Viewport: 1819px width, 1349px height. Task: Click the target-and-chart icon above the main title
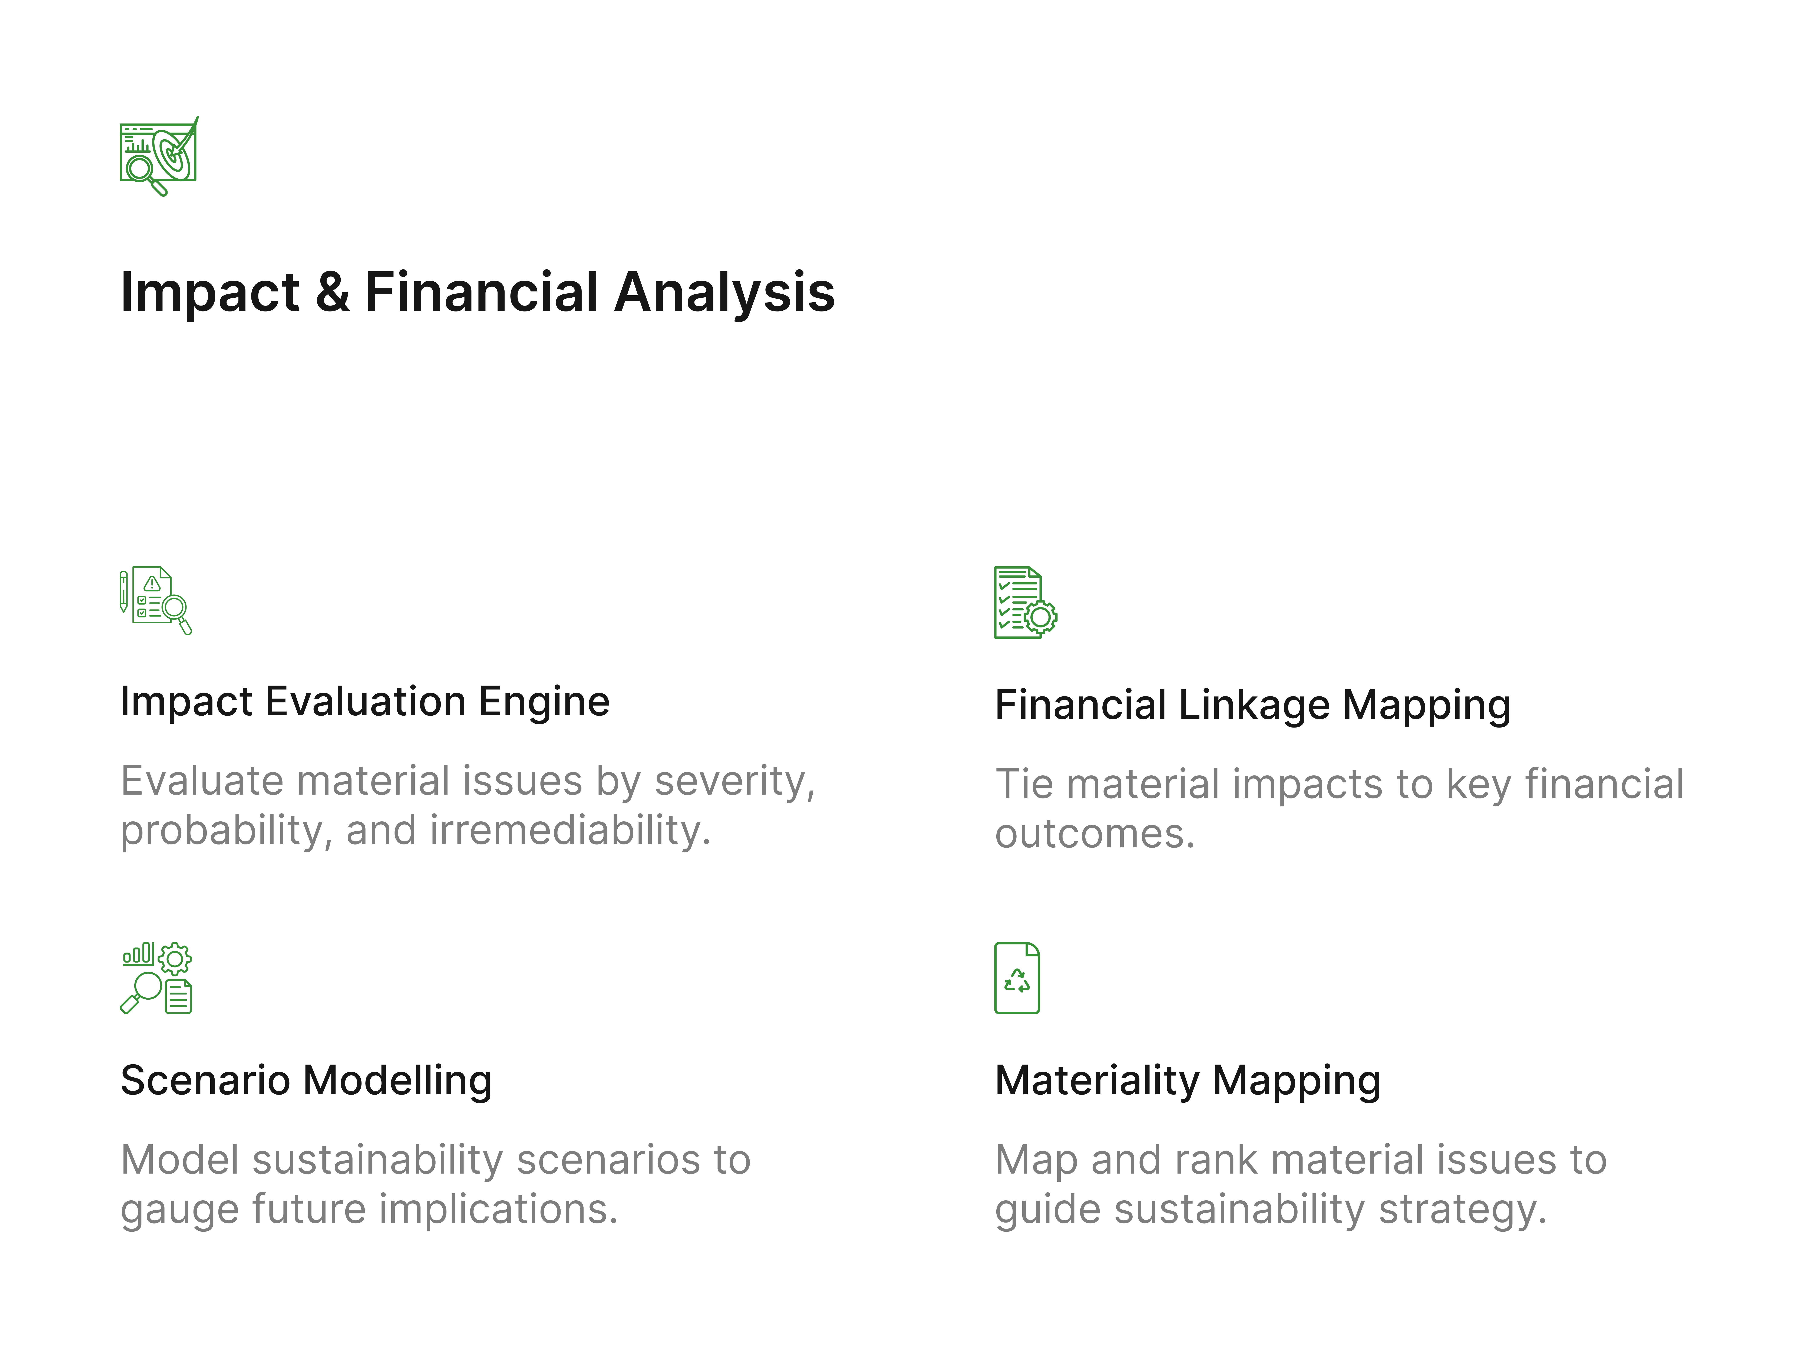click(158, 155)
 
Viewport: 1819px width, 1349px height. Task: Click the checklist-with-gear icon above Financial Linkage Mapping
click(1026, 603)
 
